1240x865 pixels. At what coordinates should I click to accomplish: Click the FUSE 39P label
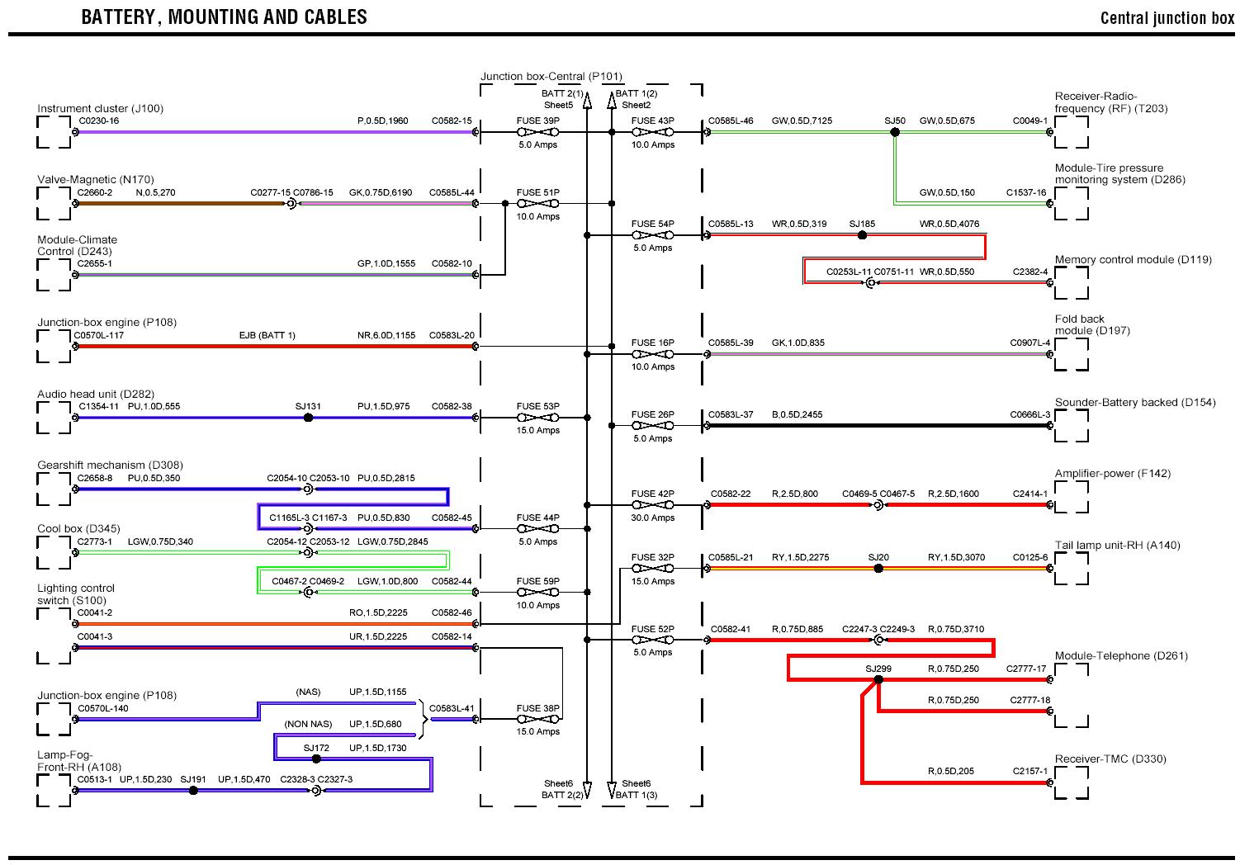[537, 121]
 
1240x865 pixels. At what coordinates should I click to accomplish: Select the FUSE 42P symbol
[652, 505]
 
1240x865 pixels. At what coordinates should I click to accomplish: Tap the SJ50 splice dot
[894, 132]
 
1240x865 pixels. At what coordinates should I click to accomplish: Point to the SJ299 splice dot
[878, 680]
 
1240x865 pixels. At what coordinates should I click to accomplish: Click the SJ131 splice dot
[308, 418]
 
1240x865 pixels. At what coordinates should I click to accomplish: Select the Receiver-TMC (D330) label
[1110, 759]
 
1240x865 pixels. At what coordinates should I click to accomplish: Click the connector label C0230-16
[98, 121]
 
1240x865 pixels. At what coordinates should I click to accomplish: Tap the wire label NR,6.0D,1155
[386, 335]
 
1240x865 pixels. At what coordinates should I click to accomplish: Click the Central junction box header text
[1167, 18]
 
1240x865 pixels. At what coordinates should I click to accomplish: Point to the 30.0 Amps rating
[652, 518]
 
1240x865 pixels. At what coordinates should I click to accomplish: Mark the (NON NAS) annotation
[308, 724]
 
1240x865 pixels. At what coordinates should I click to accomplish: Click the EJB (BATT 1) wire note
[267, 335]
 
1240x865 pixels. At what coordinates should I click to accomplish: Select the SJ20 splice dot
[878, 569]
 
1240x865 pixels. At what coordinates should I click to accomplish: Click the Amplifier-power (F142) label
[1112, 473]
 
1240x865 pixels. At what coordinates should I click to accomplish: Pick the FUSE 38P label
[537, 708]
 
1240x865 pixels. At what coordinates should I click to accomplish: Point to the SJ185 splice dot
[862, 235]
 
